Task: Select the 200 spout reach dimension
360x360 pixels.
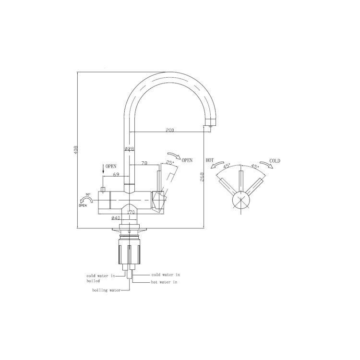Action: [x=169, y=130]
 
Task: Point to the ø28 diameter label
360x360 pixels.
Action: [x=129, y=149]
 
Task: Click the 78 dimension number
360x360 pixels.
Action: [x=144, y=164]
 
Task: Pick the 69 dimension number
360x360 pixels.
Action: [x=116, y=175]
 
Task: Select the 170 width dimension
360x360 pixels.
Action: [x=130, y=212]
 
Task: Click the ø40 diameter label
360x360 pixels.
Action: [x=116, y=218]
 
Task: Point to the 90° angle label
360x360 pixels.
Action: [x=88, y=195]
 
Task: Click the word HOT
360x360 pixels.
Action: [x=210, y=160]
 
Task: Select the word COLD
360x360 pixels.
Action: [x=275, y=161]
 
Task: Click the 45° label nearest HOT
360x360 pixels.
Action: [x=227, y=166]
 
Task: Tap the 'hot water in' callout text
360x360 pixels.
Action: [x=164, y=282]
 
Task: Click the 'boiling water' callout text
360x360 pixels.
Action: [x=106, y=290]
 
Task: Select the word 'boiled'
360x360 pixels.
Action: [x=93, y=281]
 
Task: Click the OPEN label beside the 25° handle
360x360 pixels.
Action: [x=187, y=160]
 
